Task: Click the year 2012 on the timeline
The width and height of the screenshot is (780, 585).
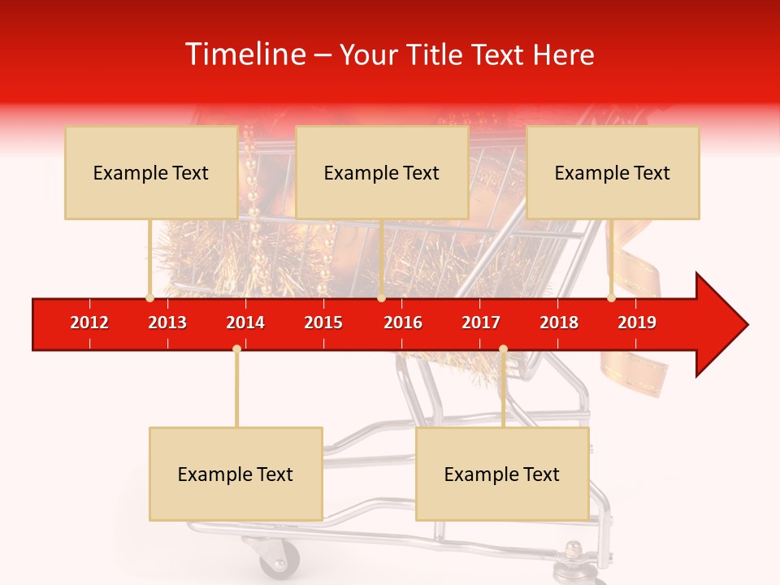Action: point(89,323)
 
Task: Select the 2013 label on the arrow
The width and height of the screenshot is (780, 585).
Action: point(167,323)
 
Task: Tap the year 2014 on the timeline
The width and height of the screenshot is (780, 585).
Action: point(245,323)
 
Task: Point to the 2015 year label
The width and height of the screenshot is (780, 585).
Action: point(323,323)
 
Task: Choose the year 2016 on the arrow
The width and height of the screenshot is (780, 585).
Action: point(403,323)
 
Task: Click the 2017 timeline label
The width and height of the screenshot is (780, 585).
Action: point(481,323)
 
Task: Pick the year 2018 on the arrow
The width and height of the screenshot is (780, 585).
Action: point(559,323)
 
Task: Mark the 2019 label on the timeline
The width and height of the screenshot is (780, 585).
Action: point(637,323)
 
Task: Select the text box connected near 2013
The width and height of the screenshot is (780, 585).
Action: point(151,172)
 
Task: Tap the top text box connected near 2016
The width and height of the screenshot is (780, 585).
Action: point(382,172)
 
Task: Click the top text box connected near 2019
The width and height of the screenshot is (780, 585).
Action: point(613,172)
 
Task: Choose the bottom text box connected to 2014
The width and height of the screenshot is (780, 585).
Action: point(236,474)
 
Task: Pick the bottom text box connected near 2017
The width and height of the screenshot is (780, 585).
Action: point(502,474)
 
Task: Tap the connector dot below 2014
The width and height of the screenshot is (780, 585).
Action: point(236,349)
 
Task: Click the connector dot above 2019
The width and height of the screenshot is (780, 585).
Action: point(611,298)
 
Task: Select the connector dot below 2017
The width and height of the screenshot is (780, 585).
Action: point(503,349)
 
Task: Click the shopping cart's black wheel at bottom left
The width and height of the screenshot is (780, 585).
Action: point(279,561)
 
